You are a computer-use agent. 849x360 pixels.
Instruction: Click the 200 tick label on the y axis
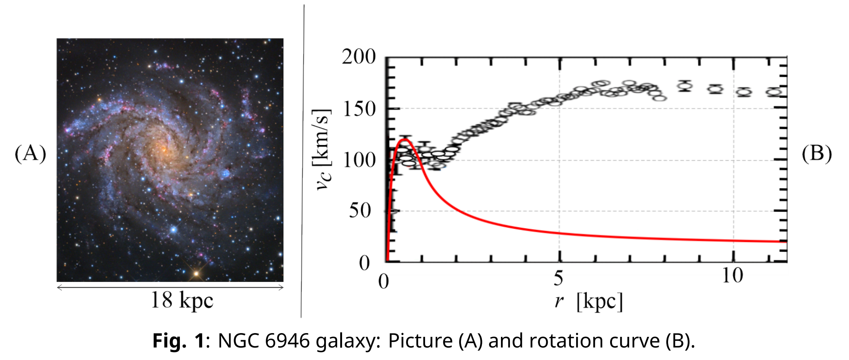coord(359,57)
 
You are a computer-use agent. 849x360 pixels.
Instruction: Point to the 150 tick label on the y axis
coord(359,109)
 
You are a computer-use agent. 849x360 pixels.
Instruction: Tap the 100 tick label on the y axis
coord(359,160)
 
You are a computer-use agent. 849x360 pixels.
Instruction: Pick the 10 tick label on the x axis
coord(732,276)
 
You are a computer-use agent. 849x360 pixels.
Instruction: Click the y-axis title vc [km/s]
coord(322,150)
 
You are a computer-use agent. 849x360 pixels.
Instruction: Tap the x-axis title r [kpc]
coord(588,301)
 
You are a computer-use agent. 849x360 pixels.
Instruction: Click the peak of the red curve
coord(404,140)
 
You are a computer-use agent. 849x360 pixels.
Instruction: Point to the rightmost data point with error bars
coord(773,92)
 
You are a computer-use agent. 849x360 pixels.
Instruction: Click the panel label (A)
coord(30,154)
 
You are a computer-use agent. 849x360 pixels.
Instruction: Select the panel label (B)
coord(816,154)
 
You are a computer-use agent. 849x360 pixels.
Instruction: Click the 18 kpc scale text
coord(182,300)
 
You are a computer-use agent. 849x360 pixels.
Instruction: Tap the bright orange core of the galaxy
coord(163,150)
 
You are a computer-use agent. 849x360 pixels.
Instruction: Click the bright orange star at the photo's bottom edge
coord(196,274)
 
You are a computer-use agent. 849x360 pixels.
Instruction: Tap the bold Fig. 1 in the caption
coord(179,341)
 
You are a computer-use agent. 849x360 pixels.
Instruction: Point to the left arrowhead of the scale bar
coord(59,287)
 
